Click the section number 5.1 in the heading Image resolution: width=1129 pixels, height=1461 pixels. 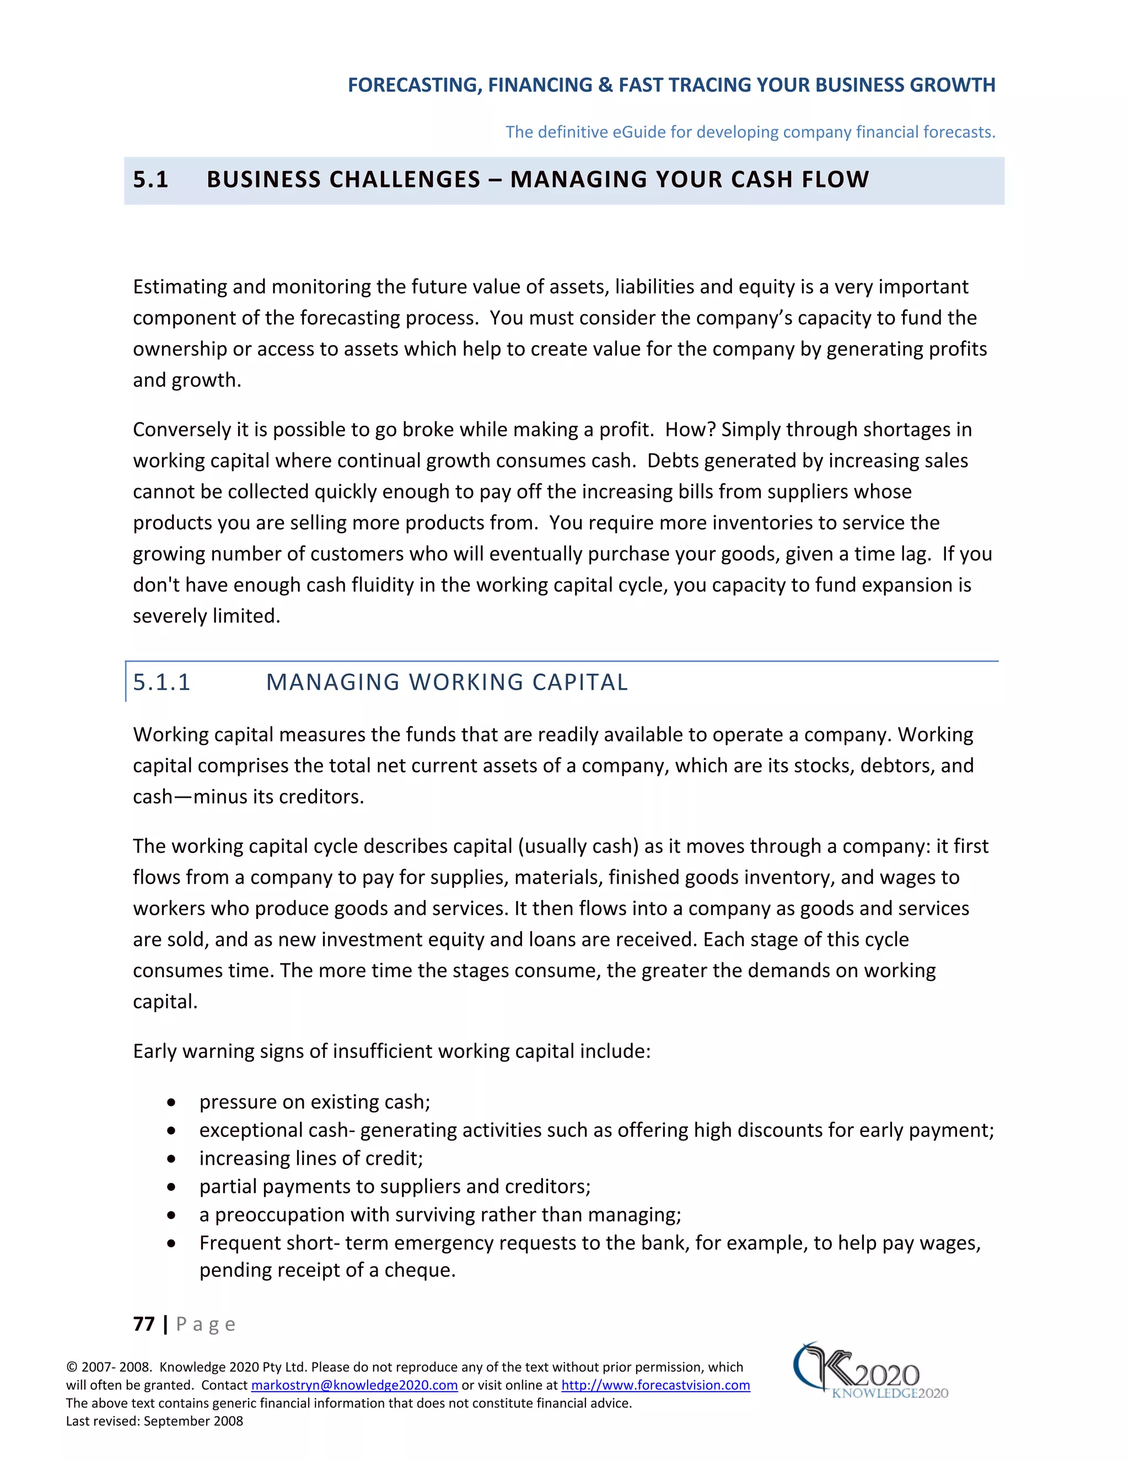150,179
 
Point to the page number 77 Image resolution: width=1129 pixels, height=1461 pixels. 144,1324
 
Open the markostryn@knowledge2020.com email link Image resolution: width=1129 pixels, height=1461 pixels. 354,1385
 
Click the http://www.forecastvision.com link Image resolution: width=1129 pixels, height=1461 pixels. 655,1385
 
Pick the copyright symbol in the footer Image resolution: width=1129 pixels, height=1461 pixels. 72,1367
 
